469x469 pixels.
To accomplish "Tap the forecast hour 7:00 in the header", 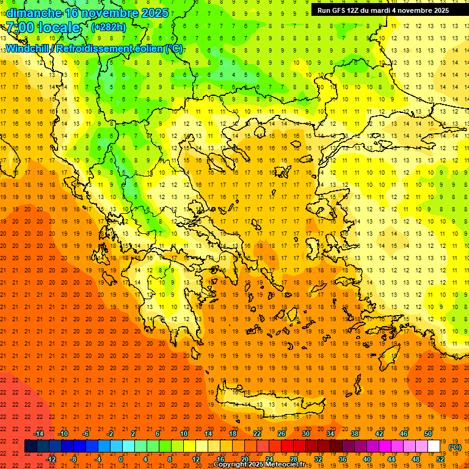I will click(x=20, y=27).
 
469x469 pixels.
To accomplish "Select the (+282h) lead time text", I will click(x=108, y=27).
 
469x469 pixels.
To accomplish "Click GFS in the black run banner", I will click(x=341, y=10).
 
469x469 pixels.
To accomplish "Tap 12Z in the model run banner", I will click(x=357, y=10).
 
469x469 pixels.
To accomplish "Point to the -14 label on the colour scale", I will click(x=38, y=434).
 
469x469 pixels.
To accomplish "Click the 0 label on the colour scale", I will click(x=121, y=459).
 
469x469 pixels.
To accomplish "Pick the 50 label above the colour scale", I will click(x=427, y=434).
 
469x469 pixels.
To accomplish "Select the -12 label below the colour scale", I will click(x=51, y=459).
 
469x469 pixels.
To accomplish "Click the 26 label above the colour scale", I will click(x=282, y=434).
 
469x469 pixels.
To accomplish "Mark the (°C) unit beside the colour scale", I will click(x=455, y=447).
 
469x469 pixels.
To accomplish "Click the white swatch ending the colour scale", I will click(x=434, y=446).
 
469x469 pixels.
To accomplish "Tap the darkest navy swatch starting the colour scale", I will click(x=31, y=446).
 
